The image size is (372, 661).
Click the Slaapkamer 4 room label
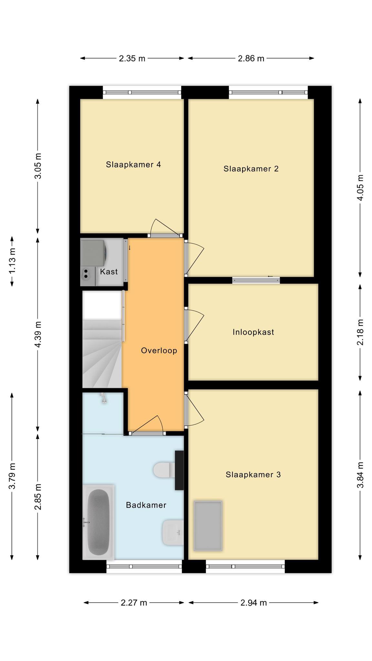tap(133, 165)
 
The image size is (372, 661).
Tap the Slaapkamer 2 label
tap(251, 168)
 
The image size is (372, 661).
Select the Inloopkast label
tap(253, 332)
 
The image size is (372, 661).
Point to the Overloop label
tap(159, 351)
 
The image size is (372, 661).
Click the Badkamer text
tap(146, 505)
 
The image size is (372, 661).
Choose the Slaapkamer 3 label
tap(253, 474)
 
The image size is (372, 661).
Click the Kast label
tap(109, 271)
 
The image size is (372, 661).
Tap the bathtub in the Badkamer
tap(98, 522)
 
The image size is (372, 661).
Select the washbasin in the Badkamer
tap(173, 532)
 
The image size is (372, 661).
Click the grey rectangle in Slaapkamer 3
tap(208, 526)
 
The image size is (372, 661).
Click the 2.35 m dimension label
tap(132, 58)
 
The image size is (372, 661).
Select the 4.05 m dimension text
tap(360, 188)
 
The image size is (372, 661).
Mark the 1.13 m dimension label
tap(12, 261)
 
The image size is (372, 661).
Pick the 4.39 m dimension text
tap(38, 334)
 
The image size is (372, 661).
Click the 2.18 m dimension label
tap(360, 332)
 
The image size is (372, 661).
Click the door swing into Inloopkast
tap(194, 325)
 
